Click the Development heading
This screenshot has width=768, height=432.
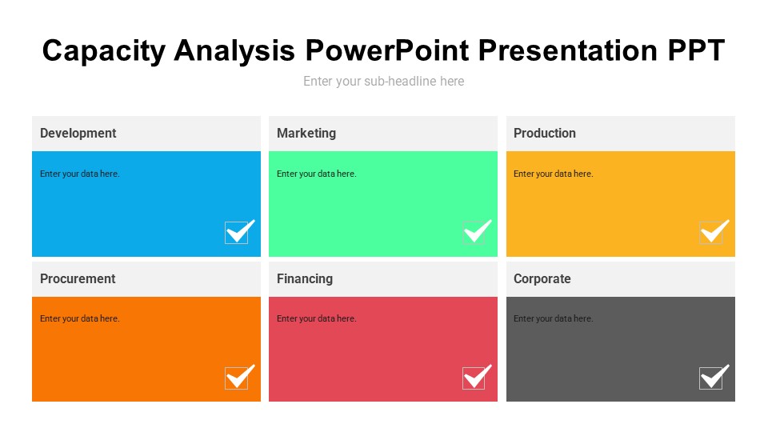coord(78,133)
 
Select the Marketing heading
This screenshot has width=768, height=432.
coord(306,133)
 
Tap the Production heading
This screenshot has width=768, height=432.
coord(545,133)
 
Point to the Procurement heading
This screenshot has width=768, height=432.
coord(78,278)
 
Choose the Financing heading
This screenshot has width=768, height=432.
coord(305,278)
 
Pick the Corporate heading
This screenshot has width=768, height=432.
coord(542,278)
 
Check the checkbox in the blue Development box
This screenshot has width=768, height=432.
coord(237,233)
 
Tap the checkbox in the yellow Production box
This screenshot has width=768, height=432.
coord(711,233)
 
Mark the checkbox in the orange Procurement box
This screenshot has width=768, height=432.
coord(237,378)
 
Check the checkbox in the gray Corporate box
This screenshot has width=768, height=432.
coord(711,378)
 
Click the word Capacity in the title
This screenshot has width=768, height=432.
coord(104,50)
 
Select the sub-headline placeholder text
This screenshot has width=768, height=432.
coord(384,81)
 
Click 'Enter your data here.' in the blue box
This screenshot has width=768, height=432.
coord(80,174)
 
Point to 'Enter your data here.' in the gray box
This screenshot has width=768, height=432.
coord(554,318)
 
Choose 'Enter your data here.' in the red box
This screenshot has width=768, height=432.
coord(317,318)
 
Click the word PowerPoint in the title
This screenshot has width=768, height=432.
coord(386,50)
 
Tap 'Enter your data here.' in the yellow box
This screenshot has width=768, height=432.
coord(554,174)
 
